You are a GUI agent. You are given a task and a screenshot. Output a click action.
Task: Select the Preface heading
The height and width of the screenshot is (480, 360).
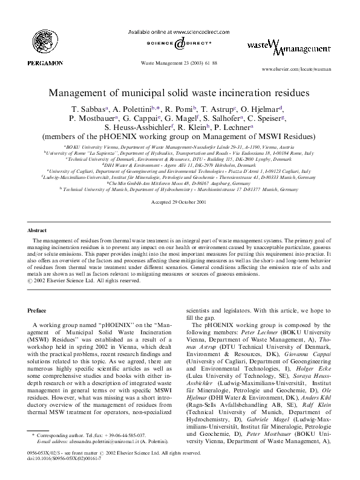[38, 310]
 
